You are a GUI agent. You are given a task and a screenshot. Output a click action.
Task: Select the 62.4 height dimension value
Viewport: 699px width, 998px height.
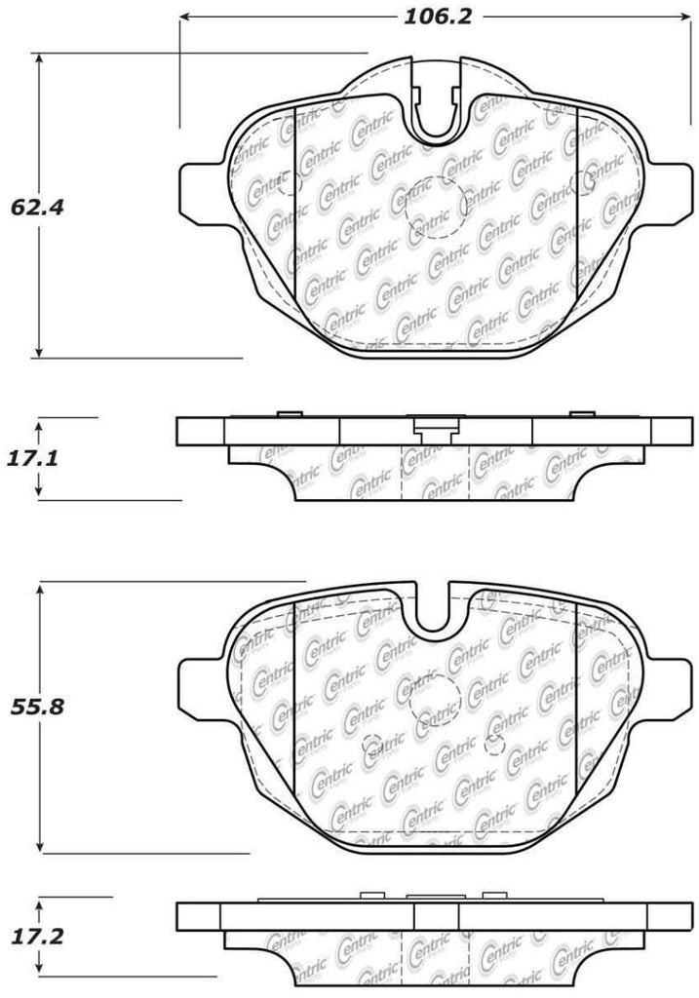coord(29,207)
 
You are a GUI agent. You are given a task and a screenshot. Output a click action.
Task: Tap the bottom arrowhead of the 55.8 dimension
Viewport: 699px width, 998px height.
coord(40,847)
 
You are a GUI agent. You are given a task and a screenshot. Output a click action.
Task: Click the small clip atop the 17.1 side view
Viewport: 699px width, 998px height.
coord(436,426)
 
